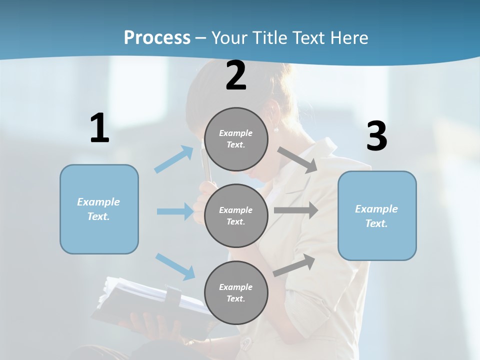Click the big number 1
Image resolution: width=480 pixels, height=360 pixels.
(99, 128)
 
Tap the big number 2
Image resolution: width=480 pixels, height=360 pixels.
(236, 76)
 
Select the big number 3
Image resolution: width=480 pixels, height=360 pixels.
(376, 136)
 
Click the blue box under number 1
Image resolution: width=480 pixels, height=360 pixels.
(99, 209)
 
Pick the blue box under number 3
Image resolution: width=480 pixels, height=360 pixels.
(377, 215)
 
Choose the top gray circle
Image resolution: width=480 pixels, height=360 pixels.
(236, 139)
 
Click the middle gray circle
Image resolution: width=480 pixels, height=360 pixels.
(236, 215)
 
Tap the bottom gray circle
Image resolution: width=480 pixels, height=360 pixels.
(236, 292)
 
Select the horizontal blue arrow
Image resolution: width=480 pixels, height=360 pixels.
(175, 211)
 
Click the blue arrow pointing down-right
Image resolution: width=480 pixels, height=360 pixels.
(175, 266)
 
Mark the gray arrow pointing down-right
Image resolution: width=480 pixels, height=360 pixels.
(297, 159)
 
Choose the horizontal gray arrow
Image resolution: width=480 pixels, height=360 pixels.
(296, 210)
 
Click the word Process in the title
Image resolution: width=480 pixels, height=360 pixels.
(157, 37)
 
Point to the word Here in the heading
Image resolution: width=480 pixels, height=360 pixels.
(348, 37)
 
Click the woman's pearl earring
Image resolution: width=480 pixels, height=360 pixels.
(276, 130)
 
